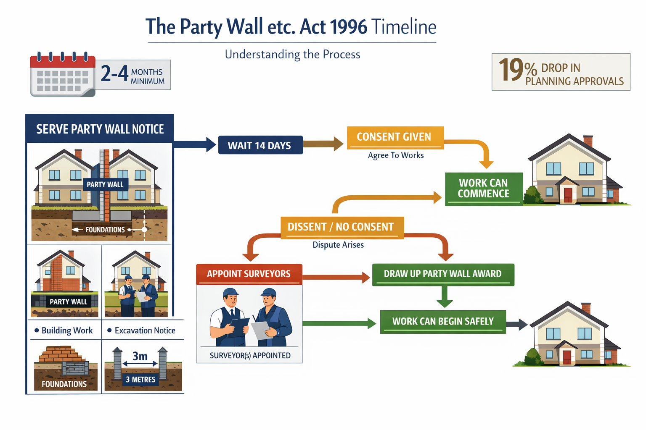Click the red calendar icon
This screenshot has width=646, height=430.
[63, 75]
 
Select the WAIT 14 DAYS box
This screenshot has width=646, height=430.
[260, 145]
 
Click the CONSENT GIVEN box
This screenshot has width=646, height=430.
[394, 137]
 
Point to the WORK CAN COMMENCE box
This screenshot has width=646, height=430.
[484, 189]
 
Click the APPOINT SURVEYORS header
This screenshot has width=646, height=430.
[249, 274]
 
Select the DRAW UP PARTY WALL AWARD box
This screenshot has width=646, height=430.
[443, 274]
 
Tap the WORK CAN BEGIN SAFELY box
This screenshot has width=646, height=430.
[443, 322]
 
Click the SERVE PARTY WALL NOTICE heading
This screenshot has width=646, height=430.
[100, 129]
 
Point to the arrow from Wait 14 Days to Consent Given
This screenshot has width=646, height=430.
[323, 144]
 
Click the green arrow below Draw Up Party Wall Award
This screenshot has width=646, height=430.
[444, 297]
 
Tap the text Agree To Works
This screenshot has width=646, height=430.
[396, 155]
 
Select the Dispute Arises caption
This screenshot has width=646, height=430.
[338, 245]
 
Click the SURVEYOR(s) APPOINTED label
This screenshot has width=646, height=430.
[250, 356]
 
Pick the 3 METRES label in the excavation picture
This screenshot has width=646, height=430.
[140, 380]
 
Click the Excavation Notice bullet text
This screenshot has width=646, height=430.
[145, 331]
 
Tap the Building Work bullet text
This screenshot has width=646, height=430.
[67, 331]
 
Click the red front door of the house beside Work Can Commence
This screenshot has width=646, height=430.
[568, 195]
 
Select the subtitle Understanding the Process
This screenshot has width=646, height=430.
[292, 55]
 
